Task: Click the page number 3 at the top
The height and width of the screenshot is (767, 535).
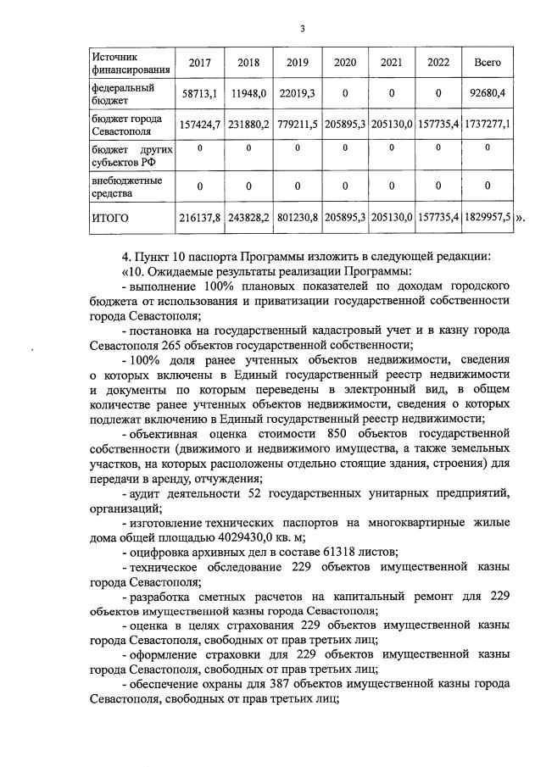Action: pos(302,30)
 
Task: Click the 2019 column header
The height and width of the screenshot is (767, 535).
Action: pos(297,63)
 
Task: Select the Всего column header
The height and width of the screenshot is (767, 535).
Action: pos(488,63)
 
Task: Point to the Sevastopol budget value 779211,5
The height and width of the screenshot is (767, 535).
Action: pos(297,125)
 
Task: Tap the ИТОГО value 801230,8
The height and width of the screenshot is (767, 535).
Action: pos(297,218)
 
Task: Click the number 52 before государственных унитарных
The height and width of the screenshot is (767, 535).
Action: pos(254,494)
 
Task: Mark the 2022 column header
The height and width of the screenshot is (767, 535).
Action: pos(438,63)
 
